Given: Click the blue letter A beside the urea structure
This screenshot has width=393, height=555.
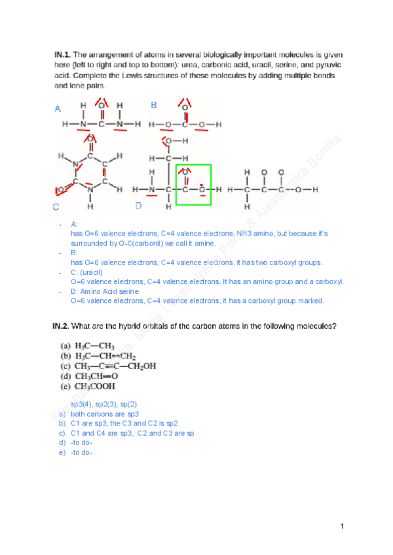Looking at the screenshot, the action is pyautogui.click(x=58, y=109).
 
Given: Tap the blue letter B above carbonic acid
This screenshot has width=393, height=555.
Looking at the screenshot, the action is pyautogui.click(x=154, y=105).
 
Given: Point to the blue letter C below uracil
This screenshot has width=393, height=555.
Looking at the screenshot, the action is pyautogui.click(x=56, y=207).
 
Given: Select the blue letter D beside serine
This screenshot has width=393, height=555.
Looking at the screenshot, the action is pyautogui.click(x=138, y=206).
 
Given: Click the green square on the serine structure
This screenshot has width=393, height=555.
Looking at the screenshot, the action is pyautogui.click(x=193, y=184).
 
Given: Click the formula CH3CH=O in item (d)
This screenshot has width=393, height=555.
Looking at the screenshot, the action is pyautogui.click(x=96, y=376).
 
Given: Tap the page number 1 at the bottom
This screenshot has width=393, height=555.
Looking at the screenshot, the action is pyautogui.click(x=342, y=526).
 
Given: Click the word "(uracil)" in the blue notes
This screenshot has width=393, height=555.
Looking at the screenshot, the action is pyautogui.click(x=92, y=272).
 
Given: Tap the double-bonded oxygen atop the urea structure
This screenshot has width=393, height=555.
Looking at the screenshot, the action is pyautogui.click(x=102, y=106).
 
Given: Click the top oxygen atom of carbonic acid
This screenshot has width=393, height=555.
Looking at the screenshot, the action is pyautogui.click(x=185, y=107).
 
